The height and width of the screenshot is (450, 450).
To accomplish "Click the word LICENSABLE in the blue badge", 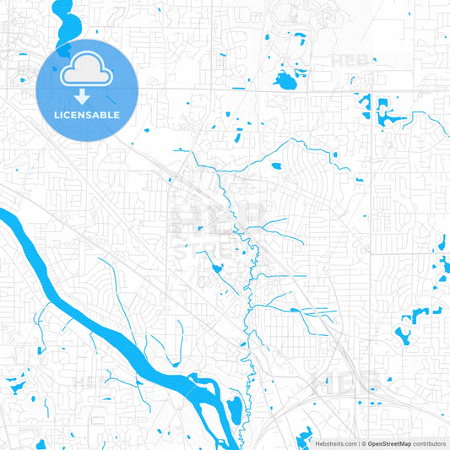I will click(88, 114).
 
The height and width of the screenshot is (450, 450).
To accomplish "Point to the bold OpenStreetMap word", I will click(389, 443).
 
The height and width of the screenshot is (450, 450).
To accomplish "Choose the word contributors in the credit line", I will click(430, 443).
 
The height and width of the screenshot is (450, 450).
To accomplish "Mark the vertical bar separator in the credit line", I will click(361, 443).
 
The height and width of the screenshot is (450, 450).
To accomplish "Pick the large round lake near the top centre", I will click(284, 82).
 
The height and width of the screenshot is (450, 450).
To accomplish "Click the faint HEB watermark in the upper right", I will click(349, 62).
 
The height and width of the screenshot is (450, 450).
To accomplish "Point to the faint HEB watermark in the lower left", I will click(91, 382).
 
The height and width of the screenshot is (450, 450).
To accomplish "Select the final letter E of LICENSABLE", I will click(117, 114).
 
